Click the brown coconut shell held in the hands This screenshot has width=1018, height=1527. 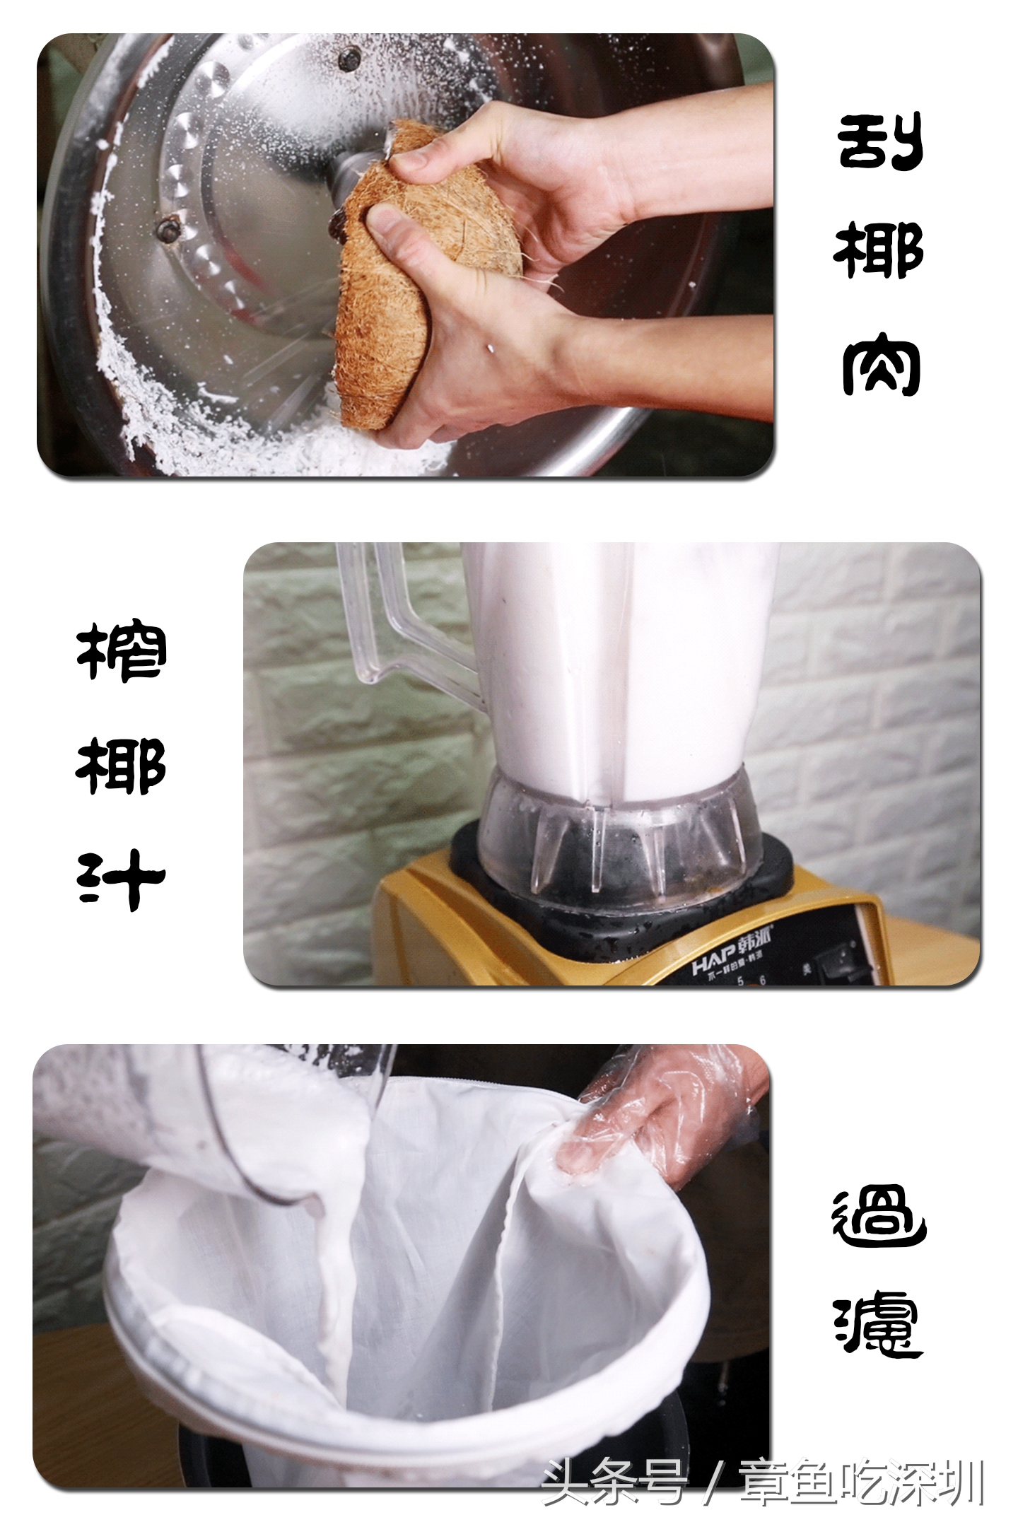[396, 297]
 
